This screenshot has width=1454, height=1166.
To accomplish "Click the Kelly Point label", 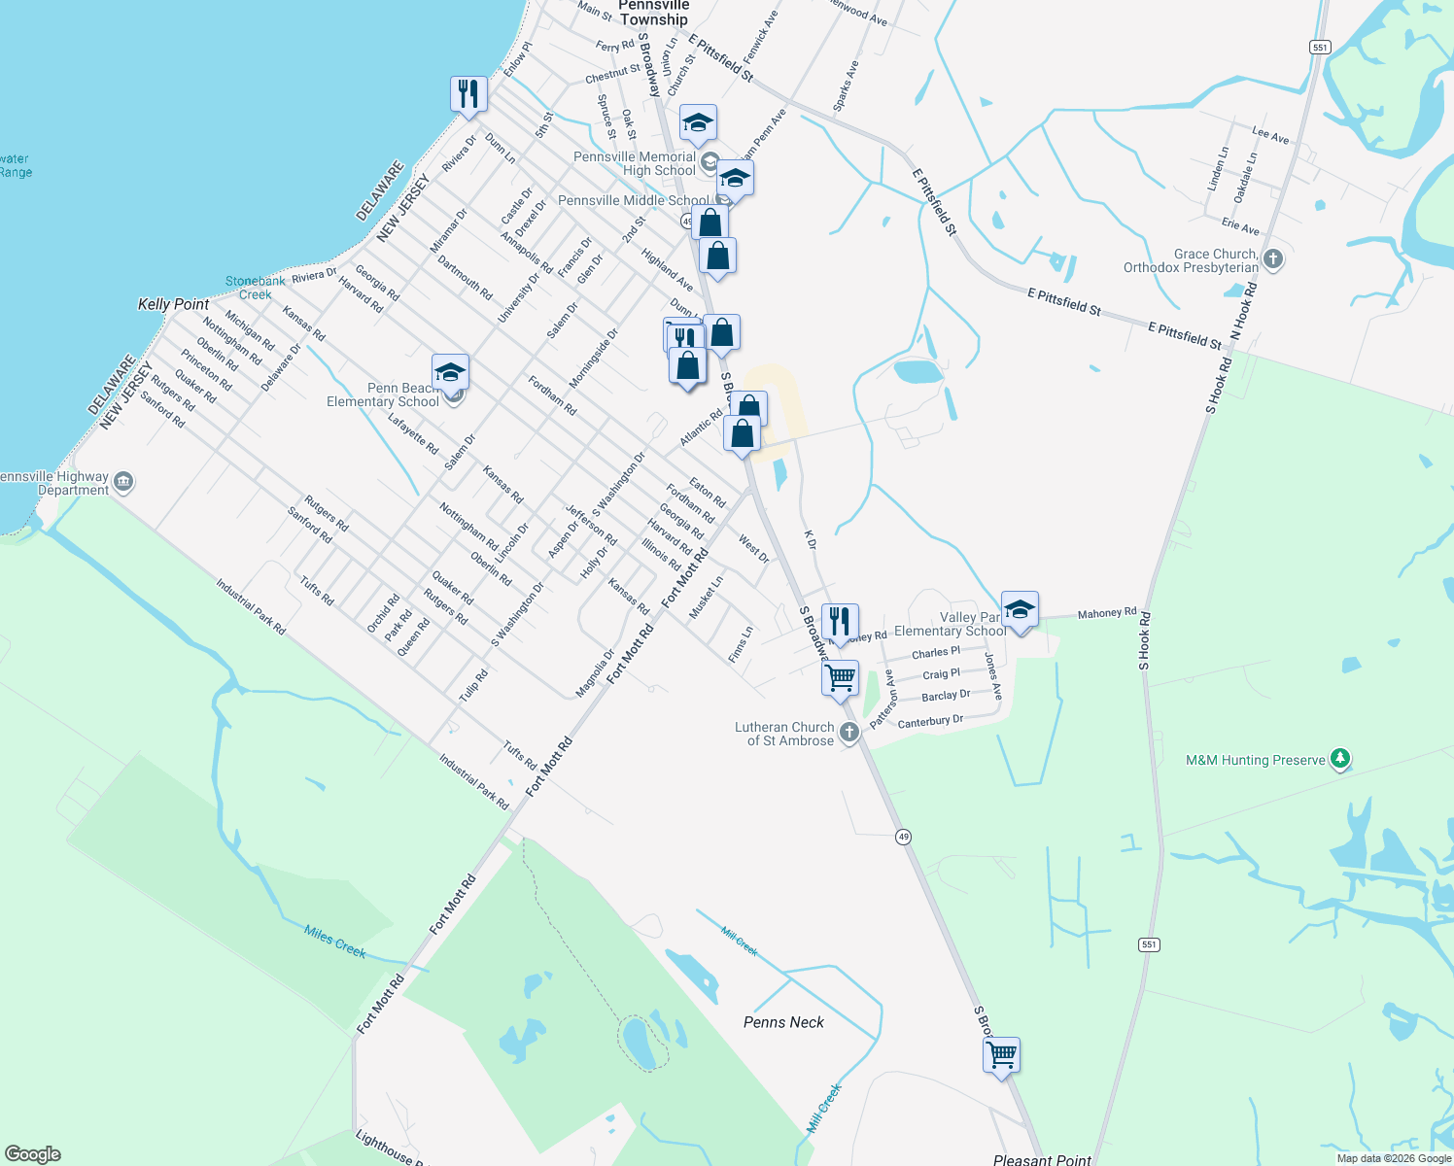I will pos(173,304).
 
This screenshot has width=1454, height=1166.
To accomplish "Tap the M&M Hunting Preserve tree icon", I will pos(1340,759).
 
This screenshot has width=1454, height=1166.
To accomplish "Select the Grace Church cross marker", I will pos(1273,259).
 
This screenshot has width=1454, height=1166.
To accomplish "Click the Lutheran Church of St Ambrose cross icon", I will pos(848,733).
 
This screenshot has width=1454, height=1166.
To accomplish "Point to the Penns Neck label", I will pos(783,1022).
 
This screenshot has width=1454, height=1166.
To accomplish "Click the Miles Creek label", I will pos(334,942).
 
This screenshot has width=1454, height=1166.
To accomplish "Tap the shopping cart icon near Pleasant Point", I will pos(1001,1054).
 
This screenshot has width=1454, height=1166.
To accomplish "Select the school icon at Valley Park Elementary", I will pos(1019,610).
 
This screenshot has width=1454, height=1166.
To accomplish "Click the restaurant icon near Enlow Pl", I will pos(468,95).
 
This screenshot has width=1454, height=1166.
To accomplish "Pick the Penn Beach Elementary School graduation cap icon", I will pos(450,373).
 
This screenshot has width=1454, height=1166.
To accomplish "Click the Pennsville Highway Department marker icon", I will pos(123,482).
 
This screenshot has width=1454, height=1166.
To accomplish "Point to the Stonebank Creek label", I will pos(256,288).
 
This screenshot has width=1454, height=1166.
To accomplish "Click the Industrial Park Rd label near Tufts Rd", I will pos(473,782).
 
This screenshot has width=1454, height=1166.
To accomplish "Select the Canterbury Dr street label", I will pos(930,721).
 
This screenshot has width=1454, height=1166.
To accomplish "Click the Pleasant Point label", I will pos(1042,1159).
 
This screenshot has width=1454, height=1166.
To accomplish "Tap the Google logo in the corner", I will pos(33,1154).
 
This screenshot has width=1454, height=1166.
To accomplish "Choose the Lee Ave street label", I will pos(1270,136).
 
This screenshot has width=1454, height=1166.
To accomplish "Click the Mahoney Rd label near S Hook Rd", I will pos(1106,613).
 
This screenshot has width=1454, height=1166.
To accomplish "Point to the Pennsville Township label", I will pos(653,13).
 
